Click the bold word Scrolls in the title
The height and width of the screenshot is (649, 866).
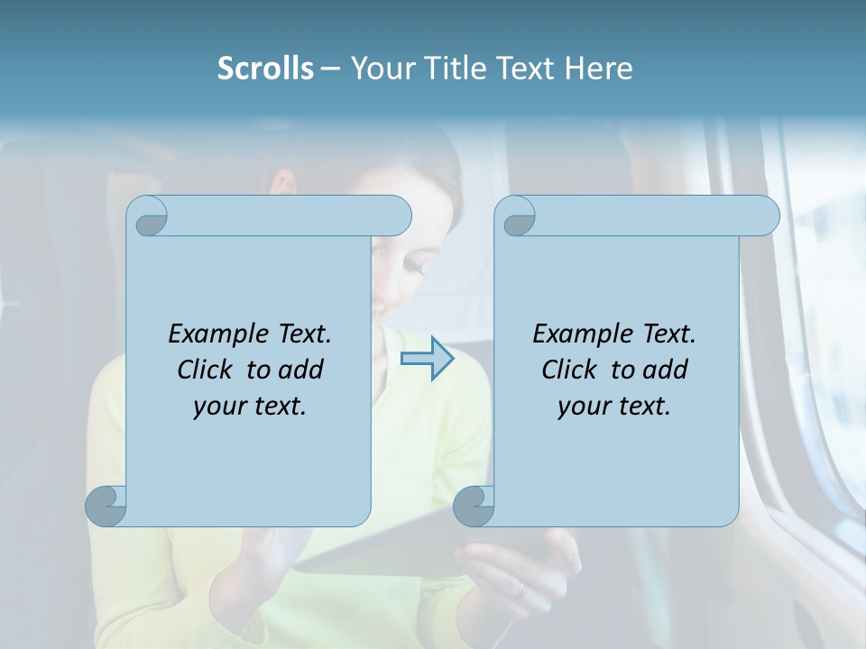click(265, 69)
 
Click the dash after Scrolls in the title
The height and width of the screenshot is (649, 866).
click(330, 69)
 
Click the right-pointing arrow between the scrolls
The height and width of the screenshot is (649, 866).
click(428, 359)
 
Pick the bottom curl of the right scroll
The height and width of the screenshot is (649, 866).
click(474, 505)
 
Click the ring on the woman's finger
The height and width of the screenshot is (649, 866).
click(518, 590)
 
